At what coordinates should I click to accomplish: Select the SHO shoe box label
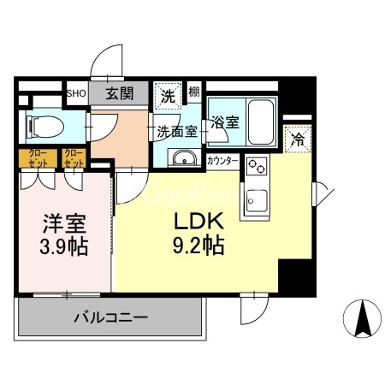[75, 94]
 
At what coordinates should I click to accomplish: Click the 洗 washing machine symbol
[167, 95]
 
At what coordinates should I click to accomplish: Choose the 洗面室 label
[177, 132]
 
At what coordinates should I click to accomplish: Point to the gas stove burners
[256, 168]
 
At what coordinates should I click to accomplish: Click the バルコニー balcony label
[110, 317]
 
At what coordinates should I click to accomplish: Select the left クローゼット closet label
[37, 157]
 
